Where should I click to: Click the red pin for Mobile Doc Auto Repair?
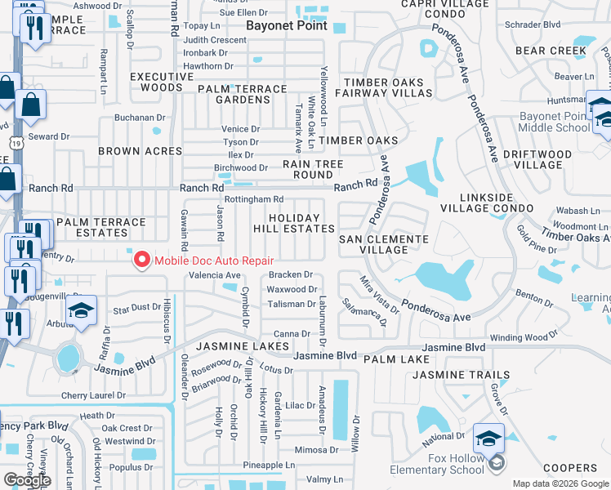[141, 260]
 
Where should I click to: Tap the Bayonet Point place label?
[287, 25]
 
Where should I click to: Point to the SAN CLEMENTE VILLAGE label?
[383, 244]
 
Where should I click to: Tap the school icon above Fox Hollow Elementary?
[488, 439]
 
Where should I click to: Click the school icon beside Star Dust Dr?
[82, 310]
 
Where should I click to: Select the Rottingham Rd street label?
[253, 198]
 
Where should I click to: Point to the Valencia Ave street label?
[215, 276]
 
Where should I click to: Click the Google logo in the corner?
[27, 480]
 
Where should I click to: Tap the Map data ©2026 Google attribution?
[560, 483]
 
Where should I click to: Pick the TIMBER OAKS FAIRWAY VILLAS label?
[387, 88]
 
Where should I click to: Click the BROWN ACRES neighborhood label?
[140, 151]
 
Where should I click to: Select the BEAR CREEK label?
[551, 51]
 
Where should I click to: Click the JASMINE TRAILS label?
[461, 375]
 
